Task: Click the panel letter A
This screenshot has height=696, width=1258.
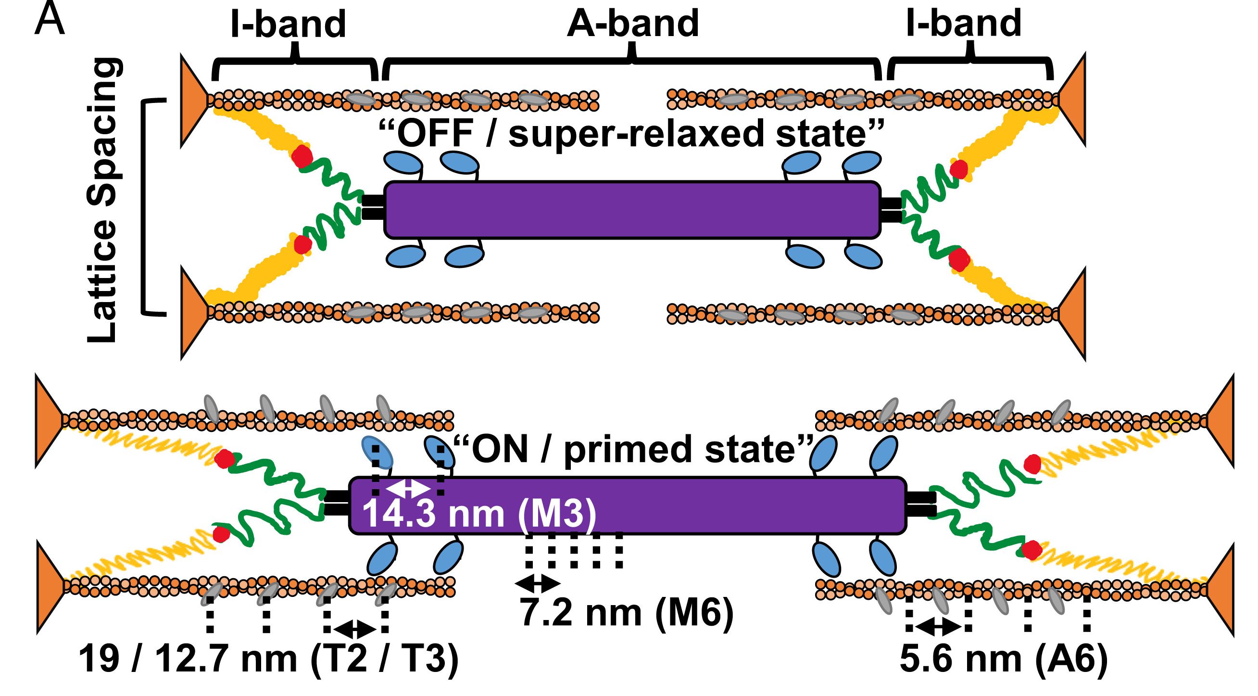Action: click(50, 19)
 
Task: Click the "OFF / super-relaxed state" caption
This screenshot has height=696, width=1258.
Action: click(632, 133)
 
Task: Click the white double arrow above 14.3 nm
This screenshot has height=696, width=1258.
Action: click(408, 488)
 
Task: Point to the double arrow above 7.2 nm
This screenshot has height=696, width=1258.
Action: click(538, 582)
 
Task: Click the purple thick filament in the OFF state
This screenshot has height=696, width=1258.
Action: click(632, 210)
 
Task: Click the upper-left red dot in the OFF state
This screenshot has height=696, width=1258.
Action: click(302, 156)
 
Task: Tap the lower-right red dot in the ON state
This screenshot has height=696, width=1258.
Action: click(1032, 550)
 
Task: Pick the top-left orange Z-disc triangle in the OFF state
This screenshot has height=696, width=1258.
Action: click(193, 100)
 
